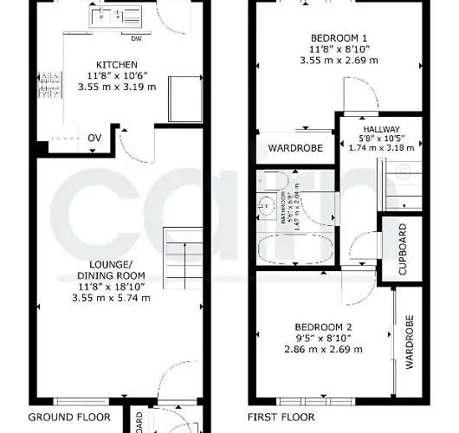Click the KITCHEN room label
coord(116,65)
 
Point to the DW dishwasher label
coord(136,39)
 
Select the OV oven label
coord(94,138)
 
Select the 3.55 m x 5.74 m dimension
coord(114,298)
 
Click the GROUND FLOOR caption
coord(69,417)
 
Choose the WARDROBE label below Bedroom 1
coord(294,148)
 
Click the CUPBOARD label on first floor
coord(403,249)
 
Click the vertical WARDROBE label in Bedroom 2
coord(410,342)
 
